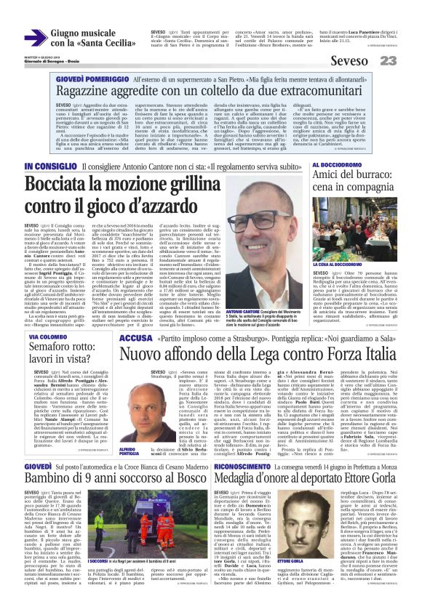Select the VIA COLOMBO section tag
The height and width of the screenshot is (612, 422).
[x=50, y=338]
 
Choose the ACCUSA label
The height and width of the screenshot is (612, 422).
[x=135, y=339]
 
